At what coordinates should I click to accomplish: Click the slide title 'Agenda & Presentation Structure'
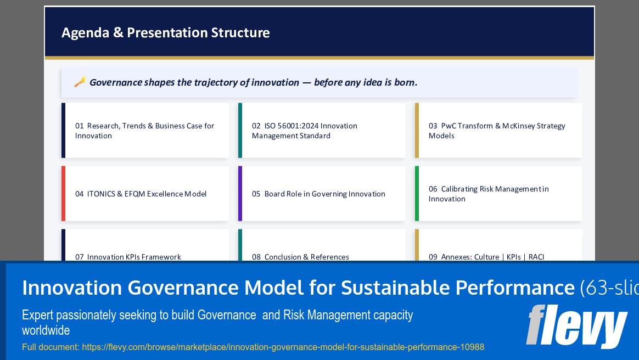(x=165, y=33)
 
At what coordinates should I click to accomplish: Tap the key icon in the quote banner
(x=80, y=82)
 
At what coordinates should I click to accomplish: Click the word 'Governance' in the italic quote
(x=115, y=82)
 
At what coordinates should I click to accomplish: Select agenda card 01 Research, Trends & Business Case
(x=144, y=131)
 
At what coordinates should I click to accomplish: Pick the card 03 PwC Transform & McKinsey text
(x=496, y=131)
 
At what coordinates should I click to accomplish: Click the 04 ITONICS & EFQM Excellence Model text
(x=141, y=194)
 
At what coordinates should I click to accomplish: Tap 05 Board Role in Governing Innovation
(x=318, y=194)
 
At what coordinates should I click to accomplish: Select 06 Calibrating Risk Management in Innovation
(x=488, y=194)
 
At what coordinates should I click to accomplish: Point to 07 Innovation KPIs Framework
(x=128, y=256)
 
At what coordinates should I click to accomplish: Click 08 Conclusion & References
(x=300, y=256)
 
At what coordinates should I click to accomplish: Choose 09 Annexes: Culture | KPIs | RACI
(x=486, y=256)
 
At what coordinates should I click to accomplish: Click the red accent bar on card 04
(x=63, y=194)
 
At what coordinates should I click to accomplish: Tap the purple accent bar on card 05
(x=240, y=194)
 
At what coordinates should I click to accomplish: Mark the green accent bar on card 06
(x=417, y=194)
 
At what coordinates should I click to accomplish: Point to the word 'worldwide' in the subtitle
(x=46, y=330)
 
